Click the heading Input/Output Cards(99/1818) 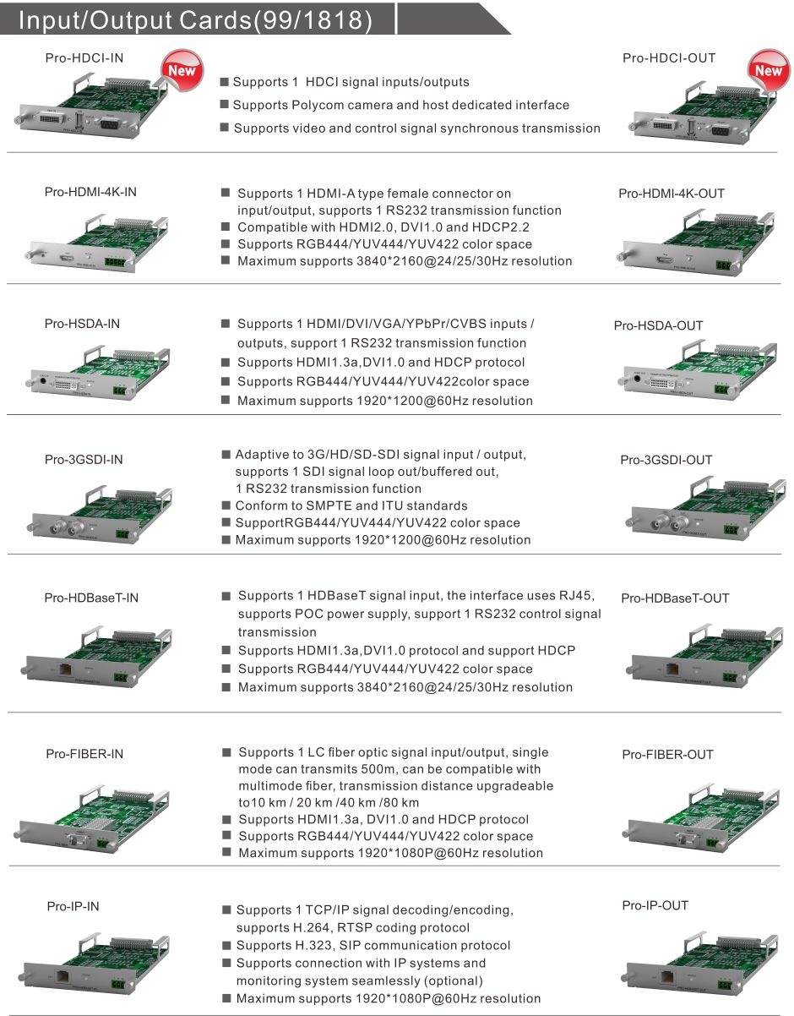pyautogui.click(x=195, y=20)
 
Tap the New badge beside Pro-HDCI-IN pyautogui.click(x=182, y=70)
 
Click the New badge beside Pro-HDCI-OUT pyautogui.click(x=768, y=71)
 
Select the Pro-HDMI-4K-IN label pyautogui.click(x=90, y=192)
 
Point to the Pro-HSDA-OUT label pyautogui.click(x=658, y=325)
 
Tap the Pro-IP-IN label pyautogui.click(x=73, y=906)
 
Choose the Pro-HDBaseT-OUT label pyautogui.click(x=675, y=598)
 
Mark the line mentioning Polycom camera pyautogui.click(x=400, y=105)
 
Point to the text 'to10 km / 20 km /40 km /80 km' pyautogui.click(x=328, y=802)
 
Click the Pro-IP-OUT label pyautogui.click(x=655, y=905)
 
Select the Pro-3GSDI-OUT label pyautogui.click(x=666, y=460)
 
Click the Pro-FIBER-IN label pyautogui.click(x=84, y=754)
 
